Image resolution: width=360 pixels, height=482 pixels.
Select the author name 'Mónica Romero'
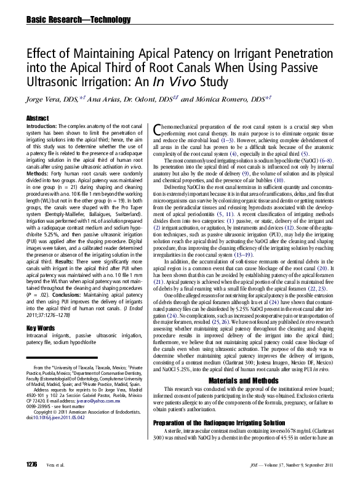225,98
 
